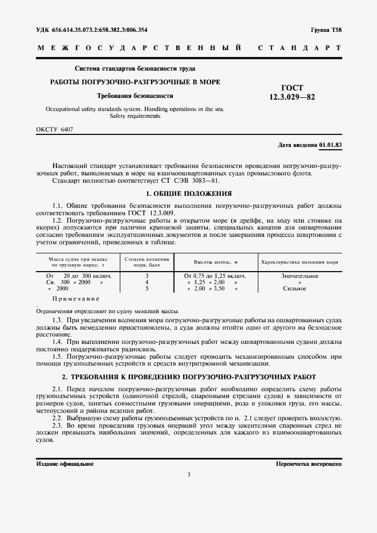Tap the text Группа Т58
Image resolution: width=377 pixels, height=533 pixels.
(x=326, y=30)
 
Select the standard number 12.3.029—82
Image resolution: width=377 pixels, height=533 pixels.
(x=292, y=97)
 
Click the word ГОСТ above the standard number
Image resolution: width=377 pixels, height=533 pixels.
(x=292, y=88)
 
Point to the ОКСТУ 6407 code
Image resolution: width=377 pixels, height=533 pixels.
(x=54, y=129)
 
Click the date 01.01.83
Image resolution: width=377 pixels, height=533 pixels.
(x=331, y=145)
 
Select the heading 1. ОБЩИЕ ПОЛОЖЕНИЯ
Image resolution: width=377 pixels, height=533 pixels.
(x=188, y=194)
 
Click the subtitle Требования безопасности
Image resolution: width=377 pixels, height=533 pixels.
(x=135, y=96)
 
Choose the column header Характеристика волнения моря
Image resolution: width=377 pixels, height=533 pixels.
(x=299, y=262)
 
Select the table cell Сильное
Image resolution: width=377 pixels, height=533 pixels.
(x=295, y=289)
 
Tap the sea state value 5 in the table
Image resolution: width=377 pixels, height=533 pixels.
(x=147, y=289)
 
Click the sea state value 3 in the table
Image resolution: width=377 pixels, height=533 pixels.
(x=147, y=276)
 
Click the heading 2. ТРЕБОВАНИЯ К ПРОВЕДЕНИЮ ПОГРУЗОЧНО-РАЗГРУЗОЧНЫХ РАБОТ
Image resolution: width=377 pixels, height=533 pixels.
(x=188, y=378)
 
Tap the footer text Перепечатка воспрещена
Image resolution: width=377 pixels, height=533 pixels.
(x=309, y=464)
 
